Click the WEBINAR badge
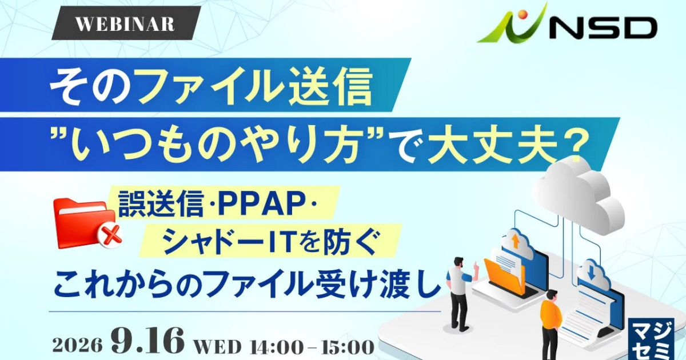click(x=126, y=23)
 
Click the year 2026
click(x=78, y=345)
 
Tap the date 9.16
click(x=147, y=341)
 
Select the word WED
click(x=217, y=347)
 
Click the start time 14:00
click(x=275, y=347)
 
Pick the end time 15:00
click(x=348, y=347)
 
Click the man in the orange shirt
click(x=551, y=325)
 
